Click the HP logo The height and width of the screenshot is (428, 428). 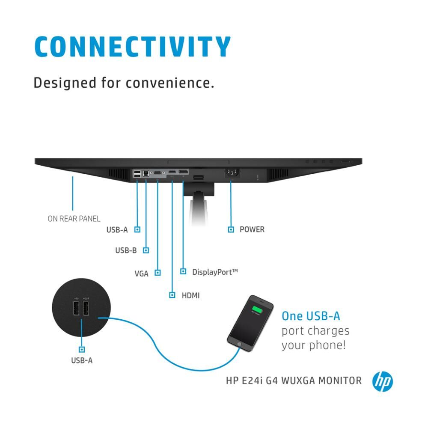click(382, 381)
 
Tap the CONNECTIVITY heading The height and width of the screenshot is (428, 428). click(132, 47)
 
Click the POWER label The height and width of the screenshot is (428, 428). click(252, 229)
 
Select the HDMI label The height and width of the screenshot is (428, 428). click(190, 295)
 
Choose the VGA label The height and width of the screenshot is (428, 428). click(141, 273)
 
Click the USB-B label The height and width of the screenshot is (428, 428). click(126, 250)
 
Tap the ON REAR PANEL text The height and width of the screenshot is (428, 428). click(74, 219)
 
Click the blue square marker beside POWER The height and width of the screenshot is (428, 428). click(231, 229)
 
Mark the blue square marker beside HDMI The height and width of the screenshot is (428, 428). click(172, 295)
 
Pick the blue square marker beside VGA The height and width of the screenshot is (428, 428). click(158, 272)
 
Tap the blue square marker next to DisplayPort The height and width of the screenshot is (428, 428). click(183, 271)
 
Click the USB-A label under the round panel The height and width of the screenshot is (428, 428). click(82, 360)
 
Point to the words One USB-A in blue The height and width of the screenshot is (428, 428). click(311, 316)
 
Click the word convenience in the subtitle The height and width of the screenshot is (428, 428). click(169, 82)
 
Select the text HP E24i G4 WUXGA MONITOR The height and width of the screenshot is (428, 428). click(294, 380)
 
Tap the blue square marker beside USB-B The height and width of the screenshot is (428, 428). click(146, 250)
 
